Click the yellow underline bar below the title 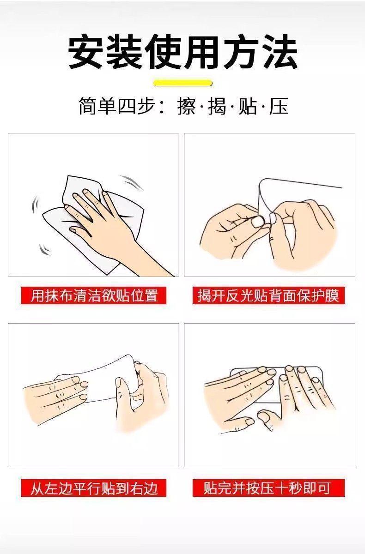click(183, 83)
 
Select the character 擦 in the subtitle click(187, 106)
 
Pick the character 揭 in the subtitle click(217, 106)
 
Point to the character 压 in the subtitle click(279, 106)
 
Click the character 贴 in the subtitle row click(248, 106)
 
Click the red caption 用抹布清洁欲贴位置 click(94, 295)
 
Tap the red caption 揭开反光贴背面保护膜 click(268, 295)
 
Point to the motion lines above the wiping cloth click(131, 182)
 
